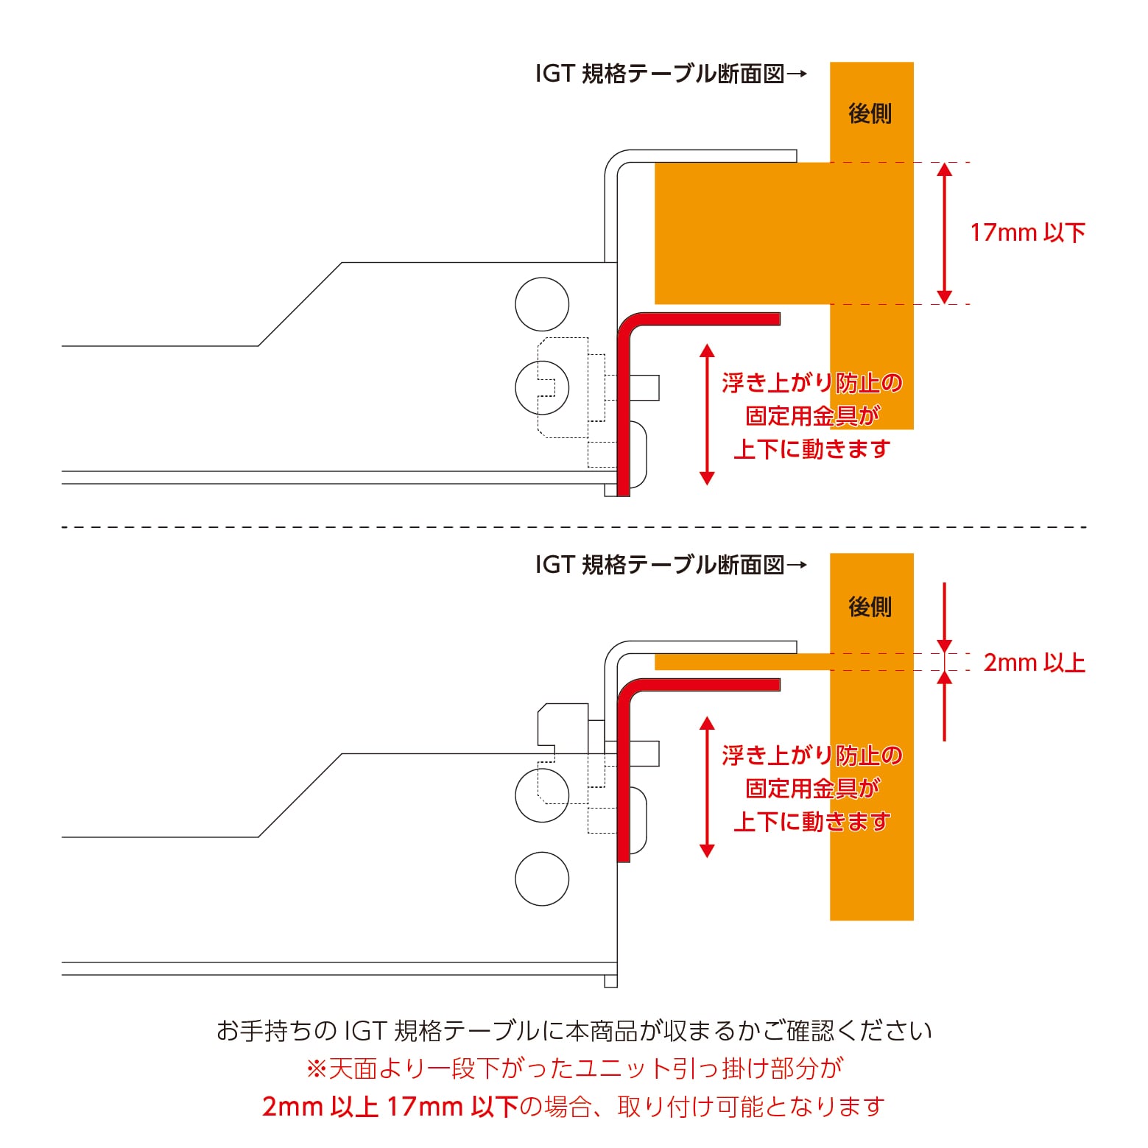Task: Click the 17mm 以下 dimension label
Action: click(x=1027, y=233)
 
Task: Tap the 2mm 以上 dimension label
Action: click(x=1034, y=663)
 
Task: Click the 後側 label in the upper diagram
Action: click(x=870, y=113)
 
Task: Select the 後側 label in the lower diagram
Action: click(x=870, y=607)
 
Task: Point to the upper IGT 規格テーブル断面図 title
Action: click(x=670, y=74)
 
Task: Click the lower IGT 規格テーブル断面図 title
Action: click(x=670, y=565)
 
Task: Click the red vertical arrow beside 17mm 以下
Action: click(x=944, y=233)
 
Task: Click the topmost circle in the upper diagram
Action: click(x=542, y=304)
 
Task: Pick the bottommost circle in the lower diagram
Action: click(x=542, y=878)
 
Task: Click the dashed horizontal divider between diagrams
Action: click(x=574, y=527)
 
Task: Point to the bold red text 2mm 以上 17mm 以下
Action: click(x=390, y=1106)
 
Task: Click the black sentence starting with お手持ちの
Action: click(x=574, y=1030)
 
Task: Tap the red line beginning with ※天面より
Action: click(x=574, y=1068)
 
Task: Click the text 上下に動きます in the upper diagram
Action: click(x=811, y=448)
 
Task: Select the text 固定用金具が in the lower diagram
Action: click(x=811, y=788)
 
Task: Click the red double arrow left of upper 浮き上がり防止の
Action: click(x=707, y=414)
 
